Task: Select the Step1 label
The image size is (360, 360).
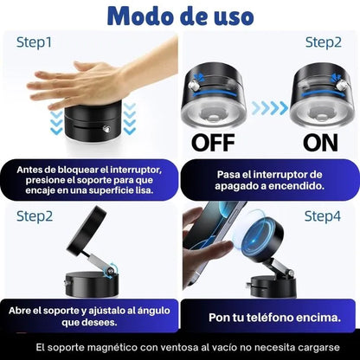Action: click(x=34, y=42)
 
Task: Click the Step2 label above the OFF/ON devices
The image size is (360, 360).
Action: click(x=325, y=42)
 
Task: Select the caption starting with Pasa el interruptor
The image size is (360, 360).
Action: click(x=269, y=179)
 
